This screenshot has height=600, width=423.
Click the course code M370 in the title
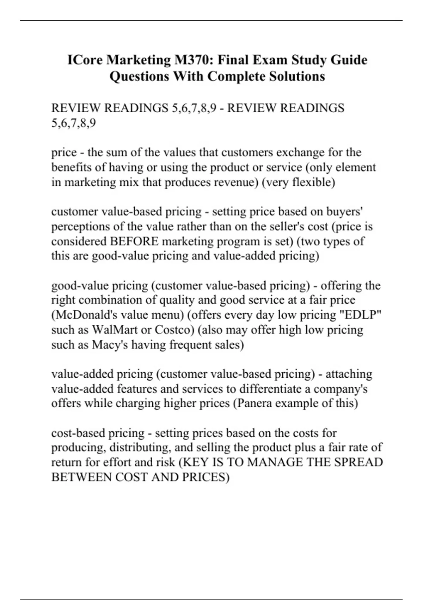(192, 60)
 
